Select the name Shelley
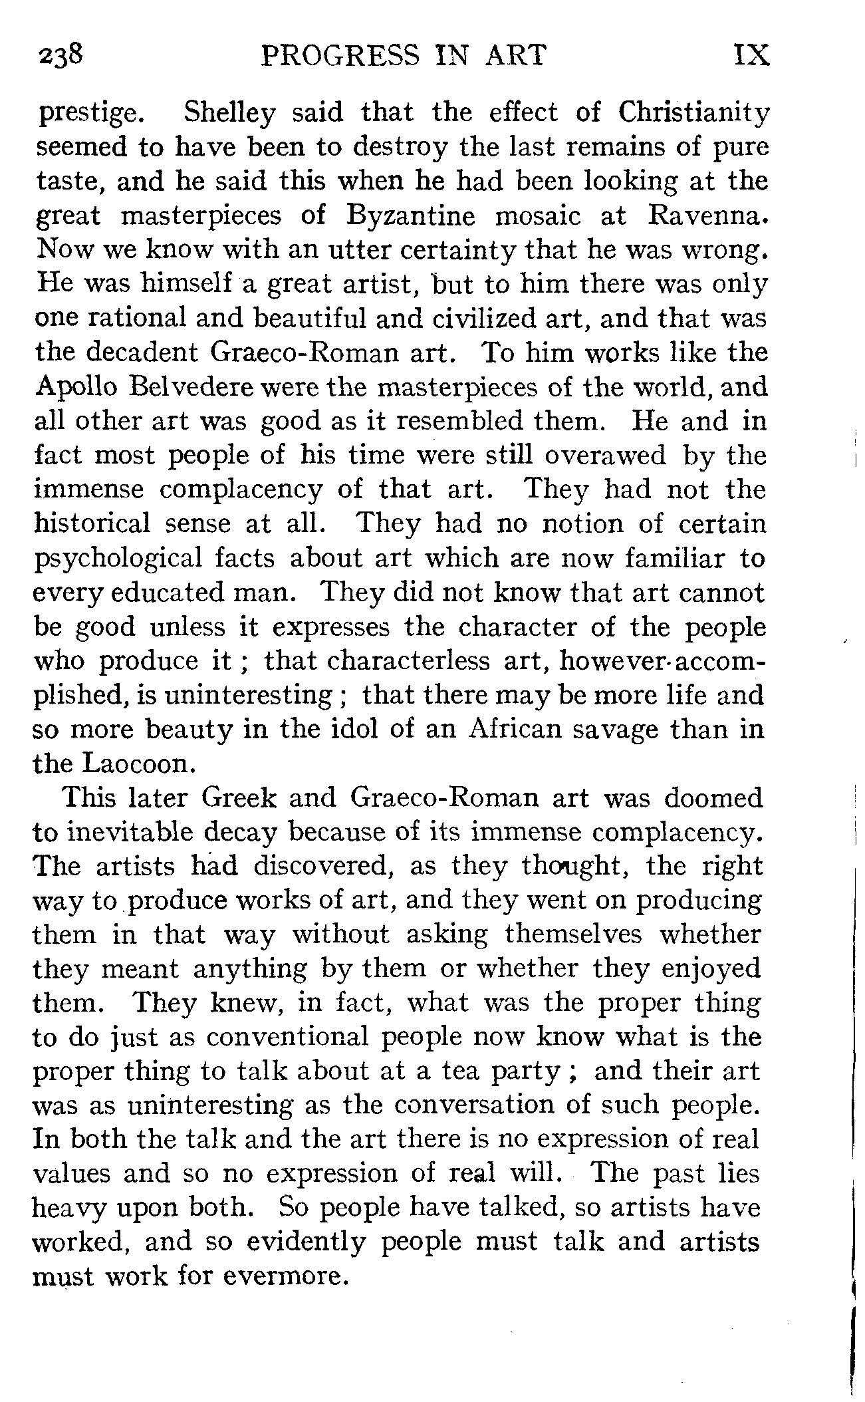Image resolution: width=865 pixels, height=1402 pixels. click(x=228, y=113)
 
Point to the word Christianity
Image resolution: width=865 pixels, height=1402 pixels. click(x=693, y=113)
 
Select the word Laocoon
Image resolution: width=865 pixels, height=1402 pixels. click(x=138, y=764)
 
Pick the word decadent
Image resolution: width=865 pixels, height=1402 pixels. click(x=144, y=352)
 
